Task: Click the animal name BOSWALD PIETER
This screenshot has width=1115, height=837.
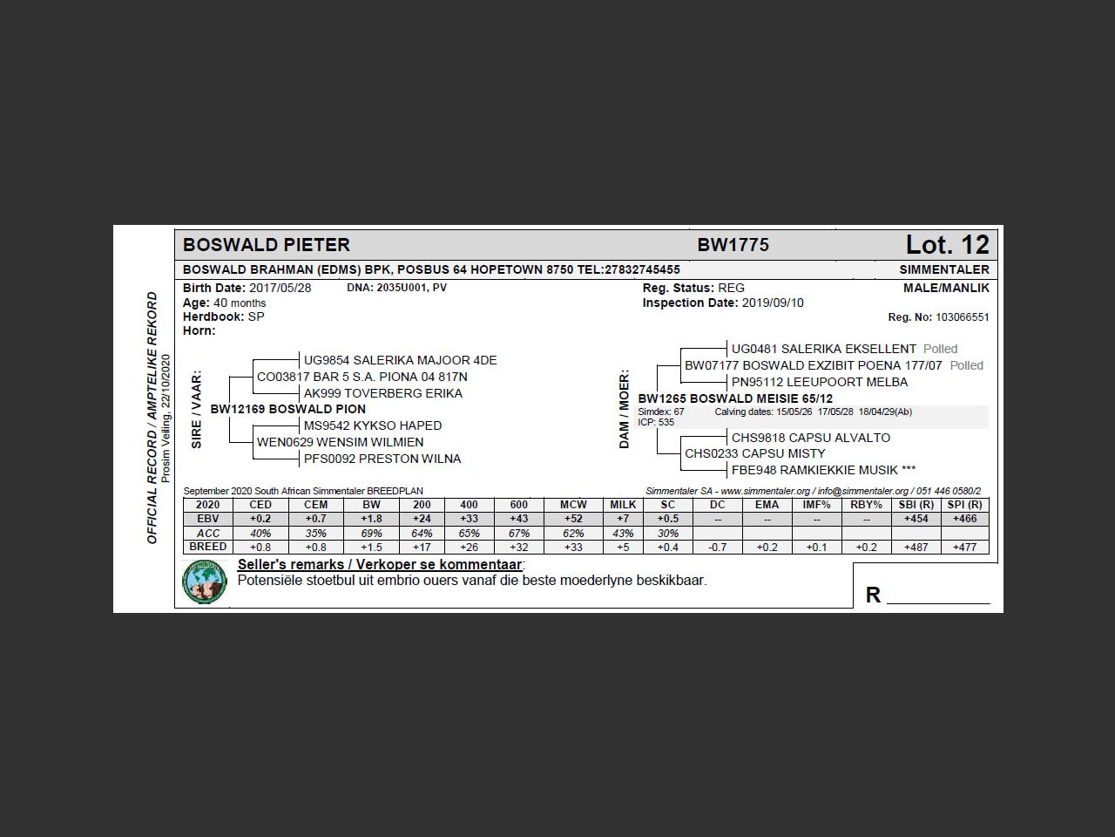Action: [x=267, y=245]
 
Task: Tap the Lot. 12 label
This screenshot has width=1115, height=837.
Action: [x=947, y=245]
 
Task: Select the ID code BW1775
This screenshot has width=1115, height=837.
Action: [x=733, y=245]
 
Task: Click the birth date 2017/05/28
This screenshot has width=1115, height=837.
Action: [x=280, y=288]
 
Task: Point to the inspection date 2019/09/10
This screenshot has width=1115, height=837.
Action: [x=773, y=303]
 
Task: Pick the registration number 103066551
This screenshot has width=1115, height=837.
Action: [x=963, y=317]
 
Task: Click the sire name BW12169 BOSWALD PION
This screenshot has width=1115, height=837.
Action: [x=288, y=409]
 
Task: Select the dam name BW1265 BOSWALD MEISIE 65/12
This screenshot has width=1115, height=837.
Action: [x=735, y=398]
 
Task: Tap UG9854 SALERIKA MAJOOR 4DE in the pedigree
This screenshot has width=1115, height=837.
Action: [x=400, y=360]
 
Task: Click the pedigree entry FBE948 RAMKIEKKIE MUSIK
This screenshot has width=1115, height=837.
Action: [x=823, y=470]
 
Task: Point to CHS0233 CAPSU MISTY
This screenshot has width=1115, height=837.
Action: [x=754, y=453]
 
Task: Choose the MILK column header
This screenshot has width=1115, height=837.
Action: [x=623, y=505]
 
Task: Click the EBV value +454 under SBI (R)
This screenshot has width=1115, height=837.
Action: [x=916, y=519]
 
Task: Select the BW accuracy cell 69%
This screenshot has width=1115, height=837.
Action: [x=371, y=533]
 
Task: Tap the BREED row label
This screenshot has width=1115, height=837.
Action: [x=207, y=547]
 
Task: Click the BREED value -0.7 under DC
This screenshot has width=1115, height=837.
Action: [x=717, y=548]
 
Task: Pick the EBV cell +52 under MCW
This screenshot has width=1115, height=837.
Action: [x=572, y=519]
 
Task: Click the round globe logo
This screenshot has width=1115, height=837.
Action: [x=205, y=582]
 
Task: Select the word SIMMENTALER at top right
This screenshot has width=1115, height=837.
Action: [x=944, y=269]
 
